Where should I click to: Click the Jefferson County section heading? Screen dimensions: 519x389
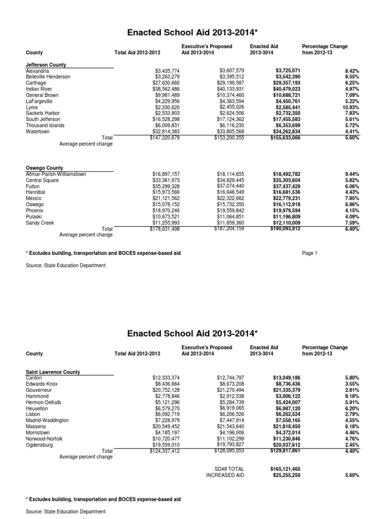(x=46, y=65)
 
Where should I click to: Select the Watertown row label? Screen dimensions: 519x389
(x=38, y=132)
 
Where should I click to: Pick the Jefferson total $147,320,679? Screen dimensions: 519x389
(x=158, y=138)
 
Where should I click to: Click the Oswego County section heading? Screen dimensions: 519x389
(x=44, y=168)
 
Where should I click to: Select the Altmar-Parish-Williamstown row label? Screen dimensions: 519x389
(x=56, y=174)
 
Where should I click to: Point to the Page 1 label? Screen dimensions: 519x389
(x=309, y=253)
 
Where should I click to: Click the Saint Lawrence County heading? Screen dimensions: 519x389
(x=53, y=372)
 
